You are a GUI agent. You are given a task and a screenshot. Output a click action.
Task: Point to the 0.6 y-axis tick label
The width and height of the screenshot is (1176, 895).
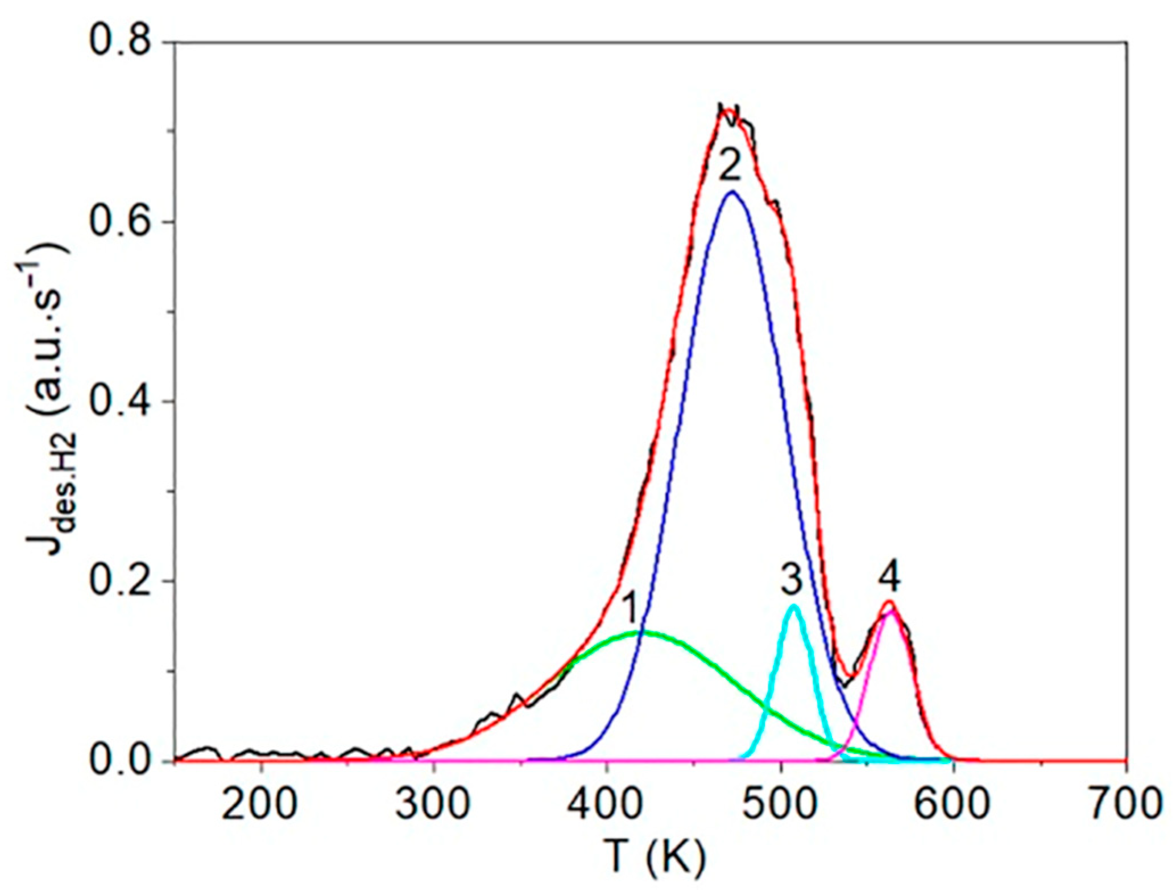pyautogui.click(x=121, y=221)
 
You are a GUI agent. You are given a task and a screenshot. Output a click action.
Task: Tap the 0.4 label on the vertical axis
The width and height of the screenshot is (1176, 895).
pyautogui.click(x=121, y=401)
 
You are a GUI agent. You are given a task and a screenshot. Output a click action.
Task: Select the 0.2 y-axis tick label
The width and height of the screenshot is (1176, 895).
pyautogui.click(x=121, y=581)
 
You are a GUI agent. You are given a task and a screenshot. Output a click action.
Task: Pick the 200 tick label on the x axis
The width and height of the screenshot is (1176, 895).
pyautogui.click(x=260, y=804)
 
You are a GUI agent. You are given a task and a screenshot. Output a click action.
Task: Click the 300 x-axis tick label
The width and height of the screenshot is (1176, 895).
pyautogui.click(x=434, y=804)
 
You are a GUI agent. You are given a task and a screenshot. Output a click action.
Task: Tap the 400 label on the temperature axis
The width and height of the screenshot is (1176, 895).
pyautogui.click(x=607, y=804)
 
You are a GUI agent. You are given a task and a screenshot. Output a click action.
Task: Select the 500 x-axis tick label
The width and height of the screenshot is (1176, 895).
pyautogui.click(x=780, y=804)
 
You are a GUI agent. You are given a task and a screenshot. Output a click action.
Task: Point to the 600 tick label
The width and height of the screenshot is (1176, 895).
pyautogui.click(x=954, y=804)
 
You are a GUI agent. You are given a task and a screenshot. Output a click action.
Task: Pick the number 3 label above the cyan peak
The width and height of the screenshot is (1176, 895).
pyautogui.click(x=791, y=580)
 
